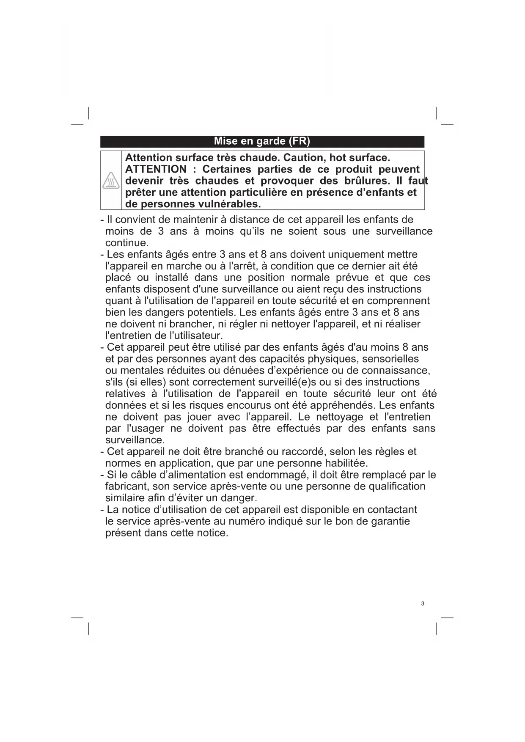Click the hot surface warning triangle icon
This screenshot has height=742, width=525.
[111, 181]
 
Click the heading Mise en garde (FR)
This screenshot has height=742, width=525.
[262, 141]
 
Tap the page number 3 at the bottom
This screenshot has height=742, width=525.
[422, 603]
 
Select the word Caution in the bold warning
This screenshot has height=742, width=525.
[303, 158]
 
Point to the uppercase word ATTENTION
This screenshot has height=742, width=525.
[156, 169]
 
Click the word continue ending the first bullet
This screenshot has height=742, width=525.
[126, 243]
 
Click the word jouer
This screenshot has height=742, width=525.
[199, 417]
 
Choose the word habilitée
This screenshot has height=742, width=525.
[346, 463]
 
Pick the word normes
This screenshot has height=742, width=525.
[123, 463]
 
